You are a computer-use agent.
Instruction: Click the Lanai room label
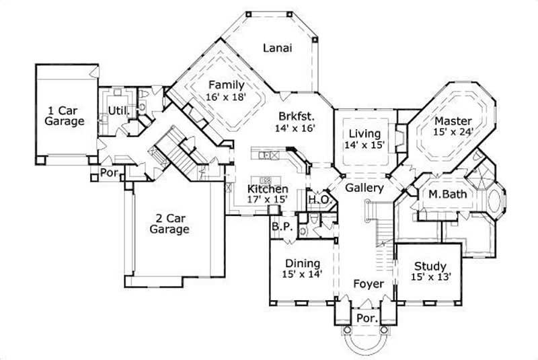point(276,48)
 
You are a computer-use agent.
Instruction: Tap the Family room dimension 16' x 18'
point(225,97)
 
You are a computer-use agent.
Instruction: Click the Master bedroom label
point(453,120)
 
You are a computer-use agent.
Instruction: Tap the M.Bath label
point(449,195)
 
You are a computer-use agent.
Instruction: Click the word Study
point(430,265)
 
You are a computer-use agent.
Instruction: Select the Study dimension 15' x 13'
point(430,276)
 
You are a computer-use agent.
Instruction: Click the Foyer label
point(368,284)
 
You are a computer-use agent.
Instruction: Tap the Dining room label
point(303,263)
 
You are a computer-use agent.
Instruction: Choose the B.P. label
point(281,227)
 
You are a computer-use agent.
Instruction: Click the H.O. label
point(317,200)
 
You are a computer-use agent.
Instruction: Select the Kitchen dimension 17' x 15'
point(268,200)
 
